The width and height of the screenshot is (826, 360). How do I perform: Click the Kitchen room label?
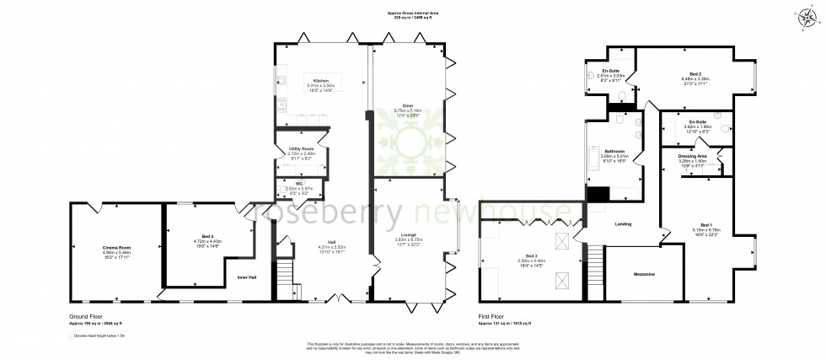[320, 78]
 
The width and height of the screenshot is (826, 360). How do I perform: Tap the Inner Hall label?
[247, 276]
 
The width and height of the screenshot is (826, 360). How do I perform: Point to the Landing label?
[625, 223]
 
